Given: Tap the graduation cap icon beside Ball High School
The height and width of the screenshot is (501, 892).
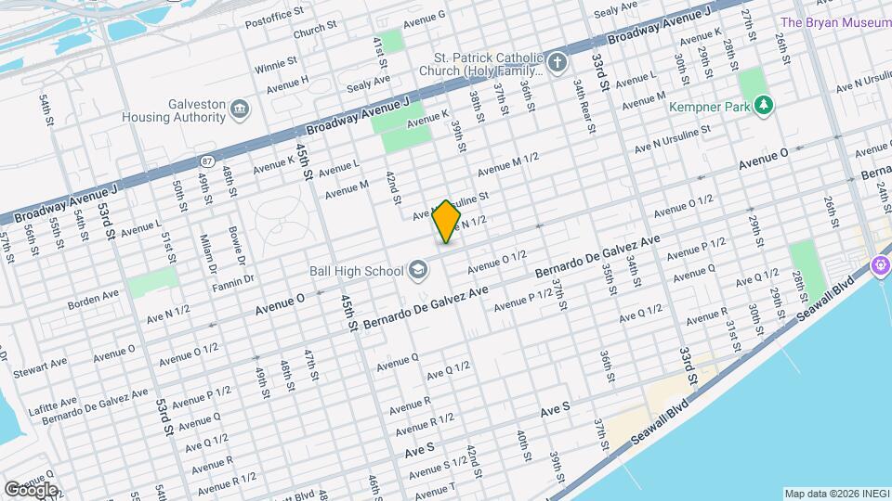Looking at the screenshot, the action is pos(418,270).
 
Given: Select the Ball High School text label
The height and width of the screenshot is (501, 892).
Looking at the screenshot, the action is pos(356,271).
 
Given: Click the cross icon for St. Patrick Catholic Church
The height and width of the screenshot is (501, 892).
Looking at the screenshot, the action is pos(557,62).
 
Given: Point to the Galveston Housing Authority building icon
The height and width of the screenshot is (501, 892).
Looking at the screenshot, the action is pos(240,111).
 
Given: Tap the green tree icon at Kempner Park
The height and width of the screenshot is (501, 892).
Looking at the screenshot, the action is pos(764,105).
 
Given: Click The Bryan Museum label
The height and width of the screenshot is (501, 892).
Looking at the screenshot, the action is pos(835,22).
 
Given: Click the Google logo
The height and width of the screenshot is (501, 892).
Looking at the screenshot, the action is pos(31,489).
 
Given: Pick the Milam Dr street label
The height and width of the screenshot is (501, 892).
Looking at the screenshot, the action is pos(207,248).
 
